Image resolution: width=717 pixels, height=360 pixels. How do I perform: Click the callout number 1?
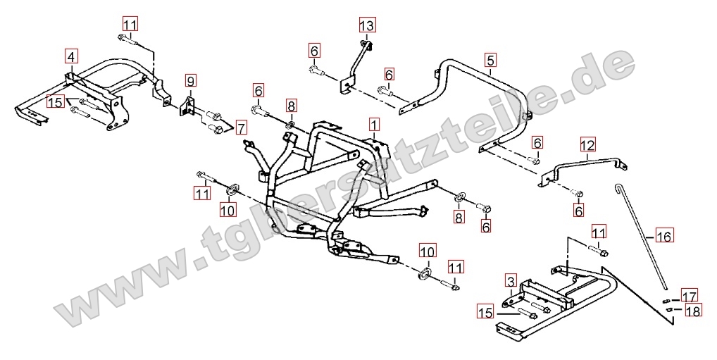373,125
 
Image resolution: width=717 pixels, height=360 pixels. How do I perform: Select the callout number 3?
511,282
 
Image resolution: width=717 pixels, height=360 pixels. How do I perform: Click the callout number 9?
191,80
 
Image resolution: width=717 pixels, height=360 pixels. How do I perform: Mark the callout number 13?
367,26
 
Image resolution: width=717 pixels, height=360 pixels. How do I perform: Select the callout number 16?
664,236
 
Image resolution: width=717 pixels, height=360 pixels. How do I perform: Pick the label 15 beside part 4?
56,102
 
